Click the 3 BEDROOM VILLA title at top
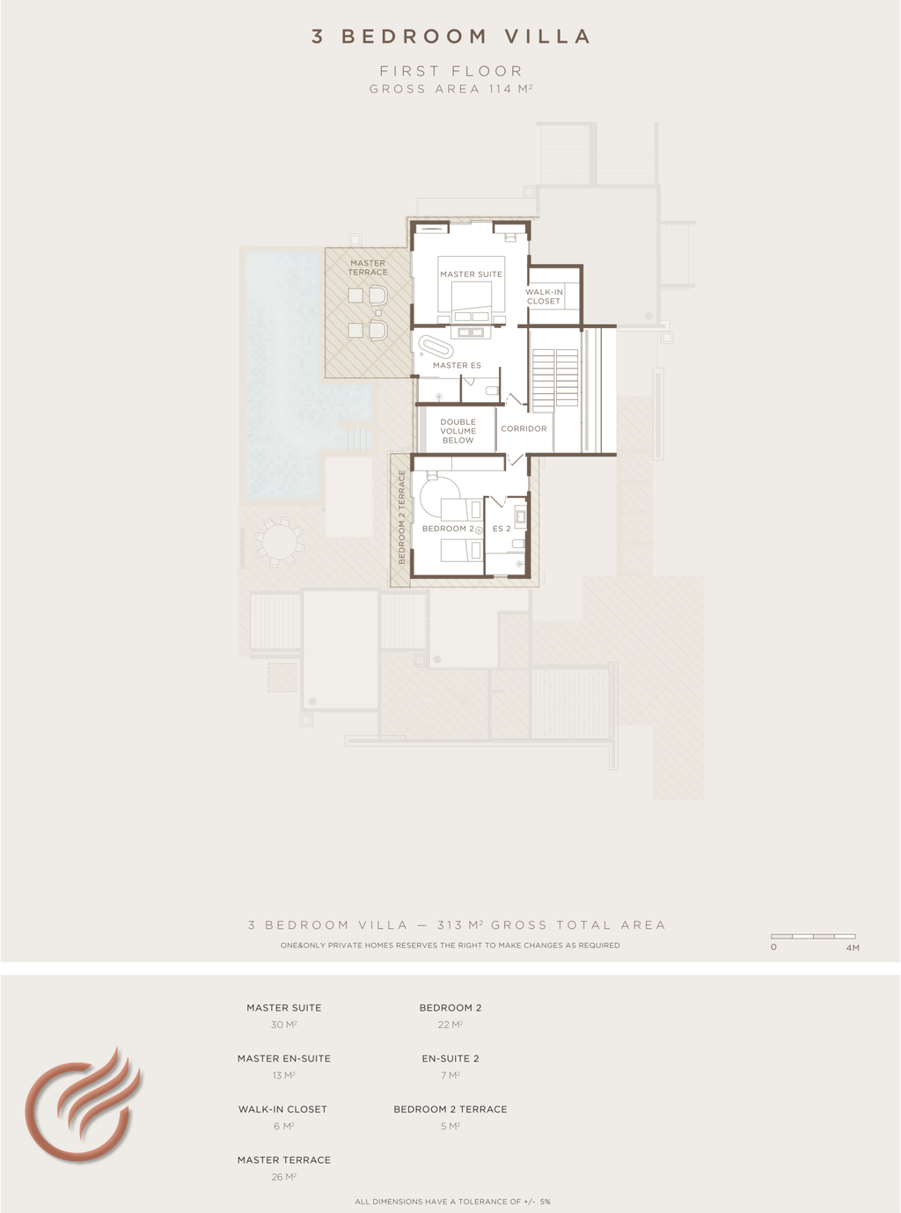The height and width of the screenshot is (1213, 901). [x=450, y=37]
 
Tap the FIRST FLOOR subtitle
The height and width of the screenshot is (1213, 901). [x=450, y=71]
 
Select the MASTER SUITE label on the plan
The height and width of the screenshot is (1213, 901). [x=471, y=274]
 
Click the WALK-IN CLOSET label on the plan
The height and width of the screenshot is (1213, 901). [x=544, y=296]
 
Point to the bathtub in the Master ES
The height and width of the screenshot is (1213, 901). [x=436, y=347]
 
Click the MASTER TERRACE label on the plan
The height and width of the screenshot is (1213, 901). [x=368, y=267]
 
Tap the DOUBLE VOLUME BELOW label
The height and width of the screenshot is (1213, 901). [x=458, y=431]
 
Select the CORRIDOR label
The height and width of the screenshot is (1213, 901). [x=524, y=428]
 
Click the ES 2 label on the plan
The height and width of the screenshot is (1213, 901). [x=502, y=529]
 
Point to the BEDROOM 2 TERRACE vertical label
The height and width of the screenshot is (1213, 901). [x=401, y=517]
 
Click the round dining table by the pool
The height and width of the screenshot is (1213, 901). [x=279, y=542]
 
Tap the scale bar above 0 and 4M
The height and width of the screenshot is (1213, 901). [x=813, y=936]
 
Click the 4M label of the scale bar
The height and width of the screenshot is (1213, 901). [x=853, y=947]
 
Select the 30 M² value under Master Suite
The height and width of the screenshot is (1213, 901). [x=284, y=1025]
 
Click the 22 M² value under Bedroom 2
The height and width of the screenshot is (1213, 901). [x=450, y=1025]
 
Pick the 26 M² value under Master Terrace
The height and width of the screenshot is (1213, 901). [x=284, y=1177]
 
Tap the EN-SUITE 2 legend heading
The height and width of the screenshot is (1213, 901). [x=450, y=1059]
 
